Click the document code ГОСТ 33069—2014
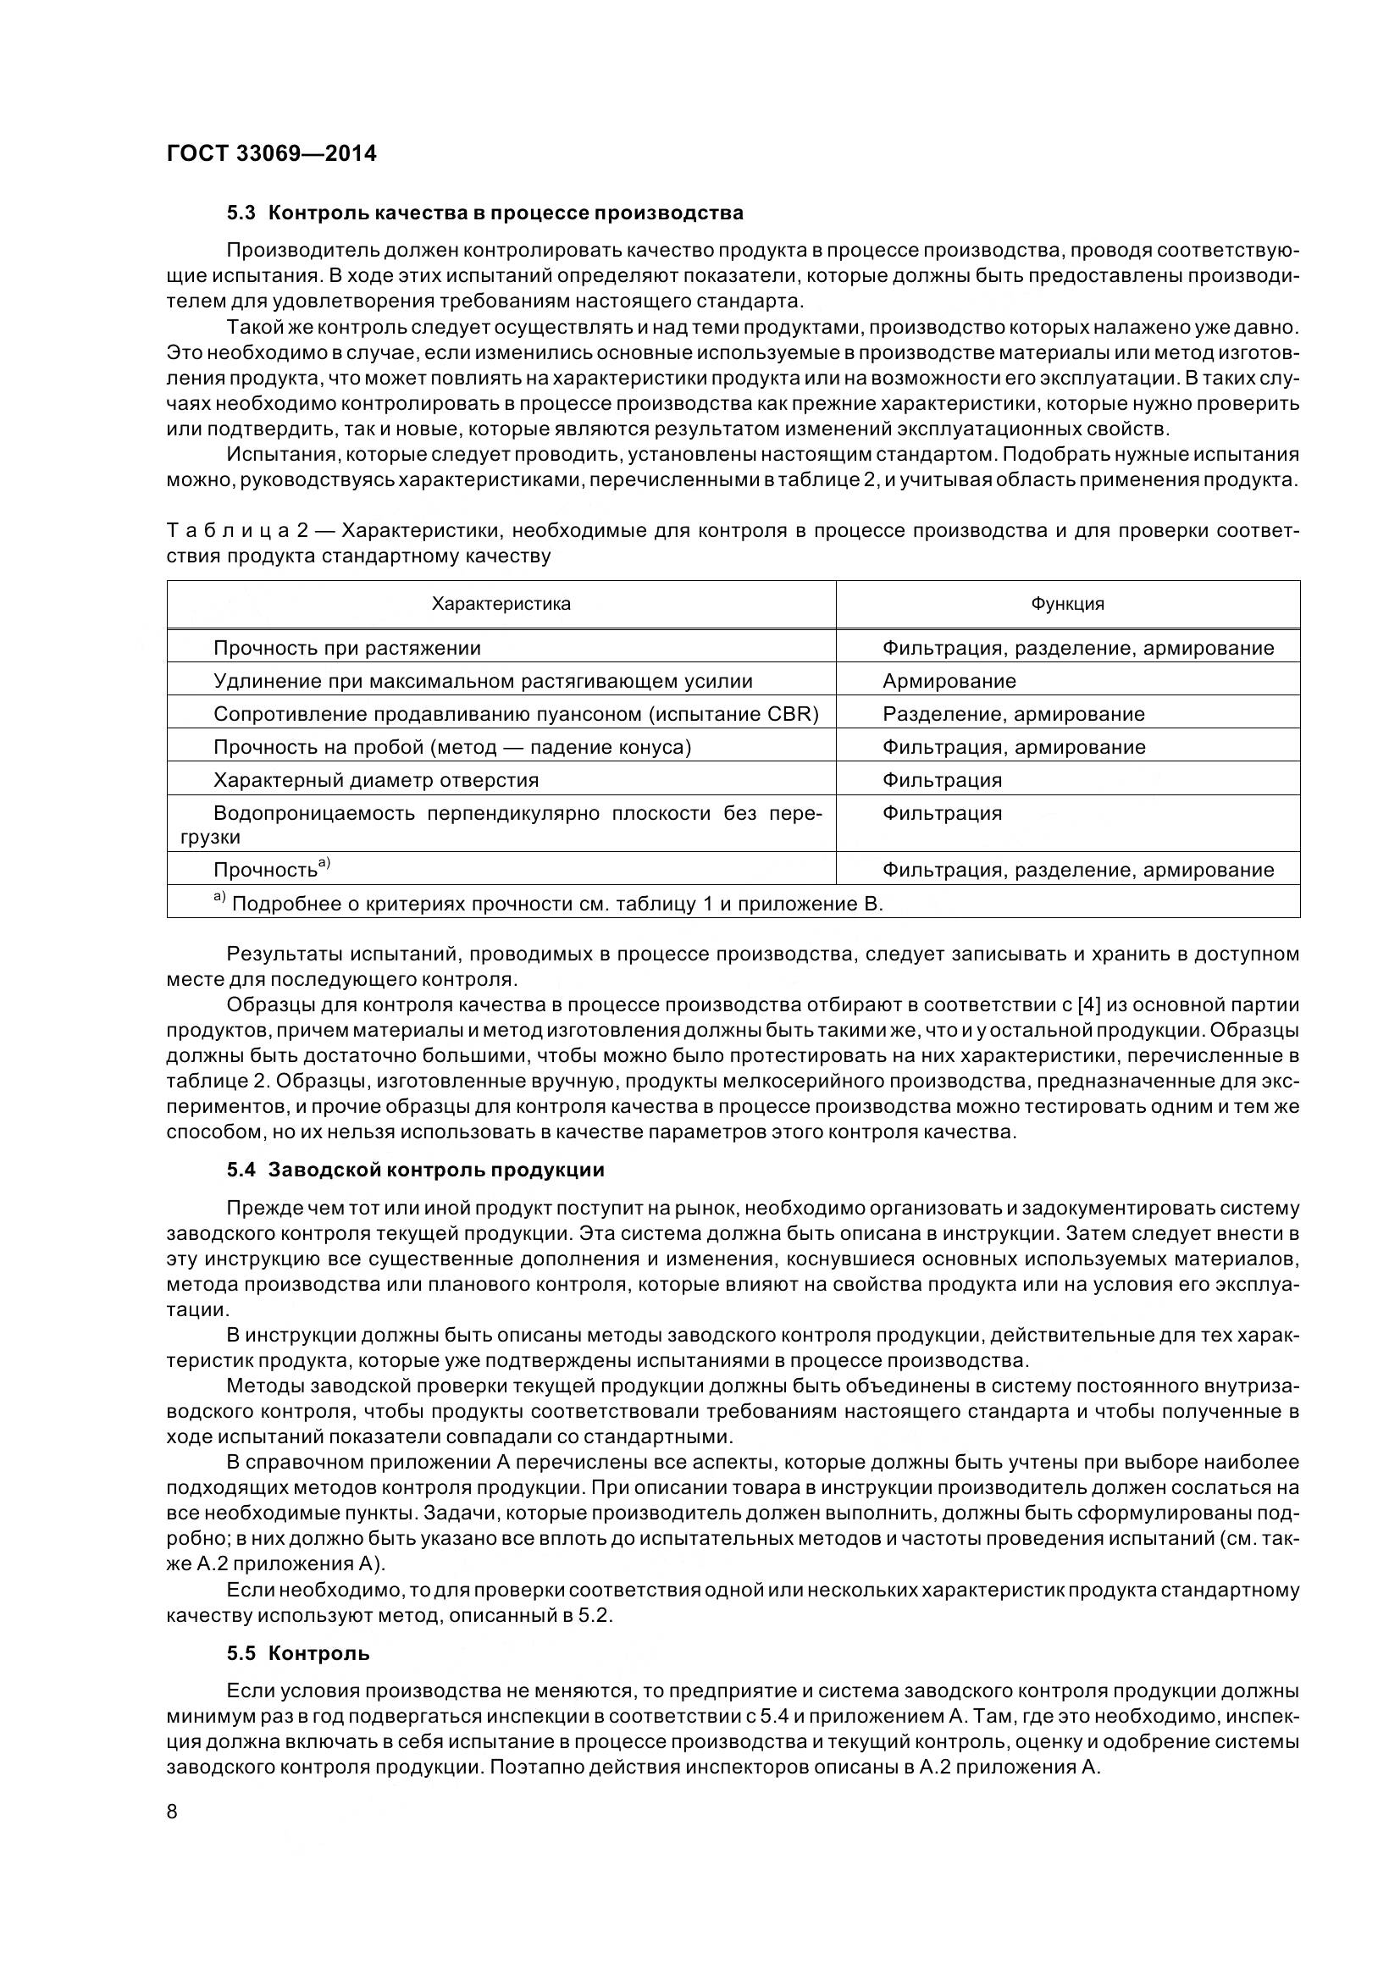271,154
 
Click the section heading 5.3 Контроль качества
484,213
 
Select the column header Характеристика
501,604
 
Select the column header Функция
1067,604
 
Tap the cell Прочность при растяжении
346,648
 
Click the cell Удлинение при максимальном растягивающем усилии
482,681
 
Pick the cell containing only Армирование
949,681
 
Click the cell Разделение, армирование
1013,715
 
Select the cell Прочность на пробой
452,747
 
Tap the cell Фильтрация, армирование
1014,747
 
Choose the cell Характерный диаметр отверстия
375,780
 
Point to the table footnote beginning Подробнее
556,905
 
